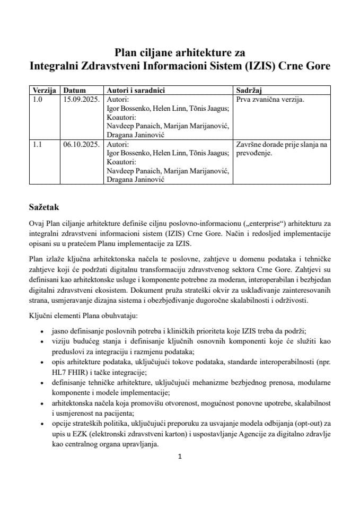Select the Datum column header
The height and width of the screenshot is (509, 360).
click(74, 90)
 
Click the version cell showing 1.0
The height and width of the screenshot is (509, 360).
click(37, 99)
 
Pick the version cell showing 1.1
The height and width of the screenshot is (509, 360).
click(37, 144)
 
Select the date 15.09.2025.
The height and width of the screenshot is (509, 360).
click(81, 99)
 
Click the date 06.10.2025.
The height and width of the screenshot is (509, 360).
click(81, 144)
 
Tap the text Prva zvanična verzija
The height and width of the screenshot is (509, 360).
click(270, 99)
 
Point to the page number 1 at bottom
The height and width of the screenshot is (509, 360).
click(180, 457)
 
